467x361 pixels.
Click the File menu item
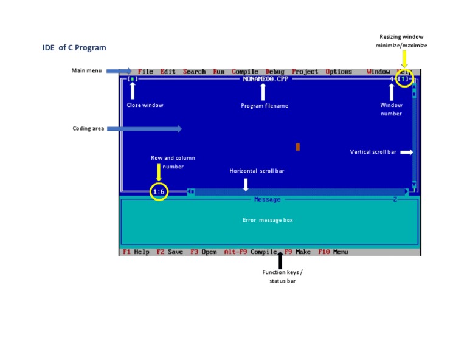145,72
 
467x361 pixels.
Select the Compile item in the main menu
245,72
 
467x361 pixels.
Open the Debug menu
275,72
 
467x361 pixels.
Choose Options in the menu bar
339,72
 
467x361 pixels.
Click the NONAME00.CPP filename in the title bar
265,79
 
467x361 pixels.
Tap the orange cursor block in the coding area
298,146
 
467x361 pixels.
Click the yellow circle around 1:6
159,192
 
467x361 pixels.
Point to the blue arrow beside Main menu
119,71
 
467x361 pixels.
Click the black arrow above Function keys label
280,260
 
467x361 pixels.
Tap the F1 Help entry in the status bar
136,252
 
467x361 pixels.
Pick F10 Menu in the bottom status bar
333,252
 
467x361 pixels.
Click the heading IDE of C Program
74,47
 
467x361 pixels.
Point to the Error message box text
268,220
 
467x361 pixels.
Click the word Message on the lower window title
267,199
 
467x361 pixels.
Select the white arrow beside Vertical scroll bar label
406,152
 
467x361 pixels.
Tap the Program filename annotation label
265,106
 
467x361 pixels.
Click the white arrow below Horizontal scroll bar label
246,184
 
